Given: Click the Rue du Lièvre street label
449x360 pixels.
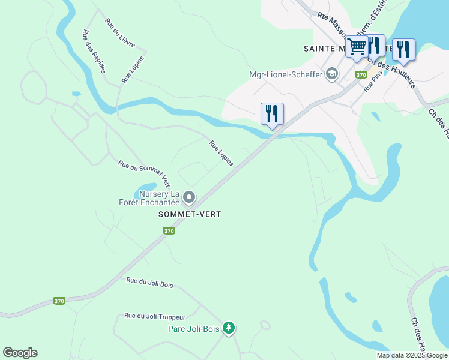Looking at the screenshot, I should click(120, 34).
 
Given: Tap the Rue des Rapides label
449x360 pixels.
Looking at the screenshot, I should click(94, 52).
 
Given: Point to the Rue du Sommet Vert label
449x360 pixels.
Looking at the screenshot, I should click(144, 173).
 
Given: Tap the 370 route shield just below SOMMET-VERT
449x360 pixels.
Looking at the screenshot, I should click(169, 230).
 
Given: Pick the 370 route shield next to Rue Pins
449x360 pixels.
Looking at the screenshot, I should click(361, 75).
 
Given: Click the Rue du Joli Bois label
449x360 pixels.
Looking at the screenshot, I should click(149, 283).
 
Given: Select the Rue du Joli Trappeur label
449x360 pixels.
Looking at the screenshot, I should click(155, 316).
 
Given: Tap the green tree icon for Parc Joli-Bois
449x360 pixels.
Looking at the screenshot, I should click(228, 328).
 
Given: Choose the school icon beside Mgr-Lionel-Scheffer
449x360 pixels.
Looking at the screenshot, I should click(331, 74).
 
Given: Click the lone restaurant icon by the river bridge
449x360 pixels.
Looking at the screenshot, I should click(272, 113).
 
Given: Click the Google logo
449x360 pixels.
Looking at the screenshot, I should click(20, 353).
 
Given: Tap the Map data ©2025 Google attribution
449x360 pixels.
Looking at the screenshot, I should click(412, 355).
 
